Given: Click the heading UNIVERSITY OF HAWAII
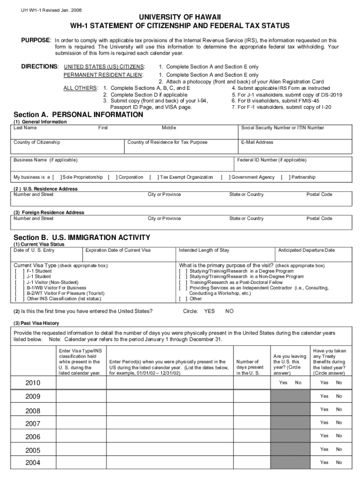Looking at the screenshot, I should click(180, 17).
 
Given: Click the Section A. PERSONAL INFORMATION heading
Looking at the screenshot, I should click(79, 115).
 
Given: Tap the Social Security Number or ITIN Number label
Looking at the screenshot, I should click(282, 128).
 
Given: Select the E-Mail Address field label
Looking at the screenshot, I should click(257, 142).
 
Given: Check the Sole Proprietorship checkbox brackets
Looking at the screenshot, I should click(57, 177).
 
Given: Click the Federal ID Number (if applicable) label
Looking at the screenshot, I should click(271, 160).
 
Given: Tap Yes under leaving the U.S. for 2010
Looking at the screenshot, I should click(283, 383).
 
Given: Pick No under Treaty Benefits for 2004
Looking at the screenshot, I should click(339, 463).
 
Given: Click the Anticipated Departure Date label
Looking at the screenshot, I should click(306, 250).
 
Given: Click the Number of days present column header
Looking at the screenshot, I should click(249, 367).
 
